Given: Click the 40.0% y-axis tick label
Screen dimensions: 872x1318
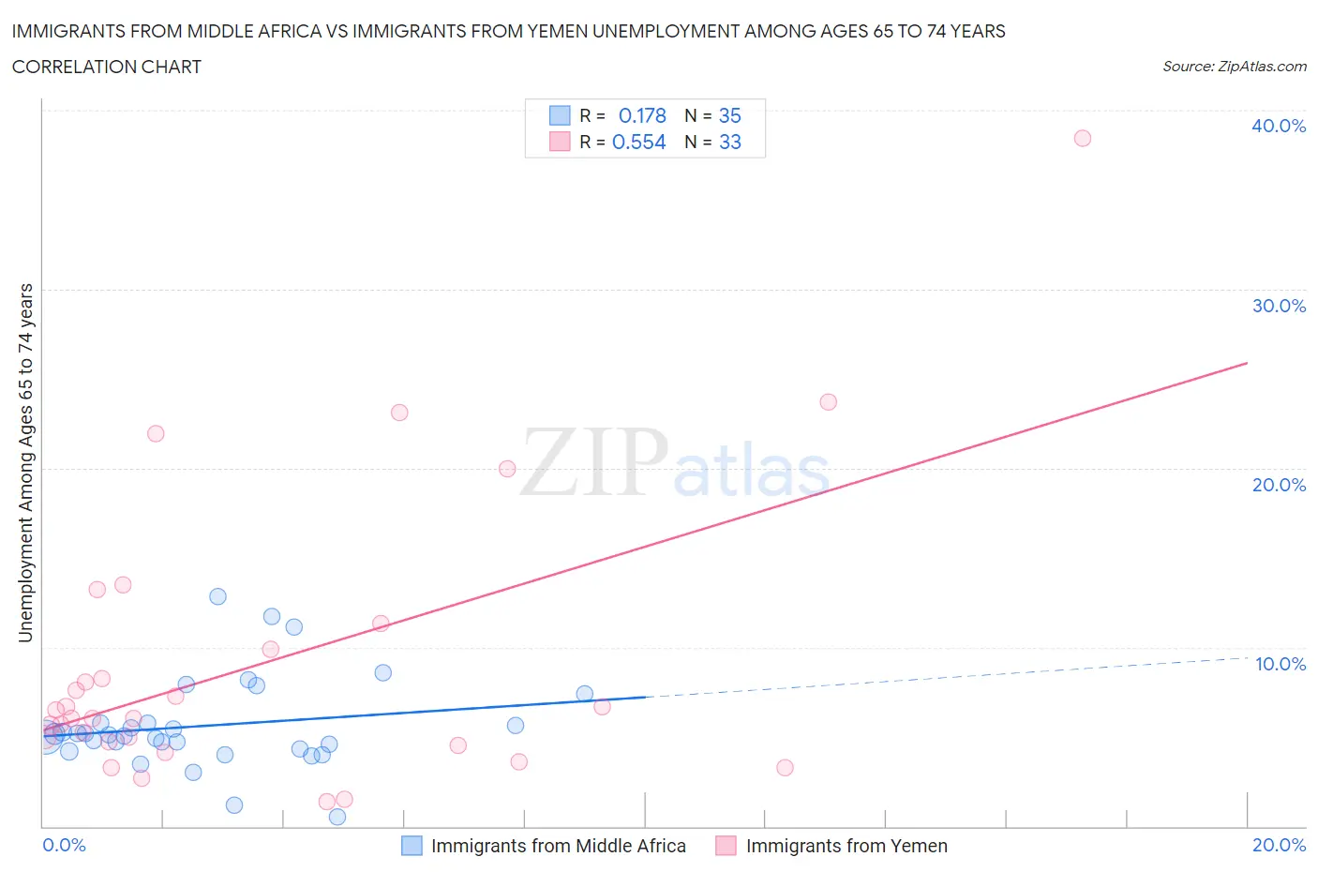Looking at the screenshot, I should pyautogui.click(x=1278, y=126).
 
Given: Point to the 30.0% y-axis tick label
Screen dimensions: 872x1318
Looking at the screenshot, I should pyautogui.click(x=1278, y=306).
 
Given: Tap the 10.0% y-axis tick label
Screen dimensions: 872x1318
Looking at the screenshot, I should pyautogui.click(x=1280, y=664).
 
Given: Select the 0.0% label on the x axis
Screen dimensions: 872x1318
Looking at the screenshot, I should pyautogui.click(x=64, y=845).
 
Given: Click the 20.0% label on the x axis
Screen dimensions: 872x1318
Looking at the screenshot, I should pyautogui.click(x=1279, y=845).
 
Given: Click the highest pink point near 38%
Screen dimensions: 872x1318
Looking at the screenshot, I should pyautogui.click(x=1082, y=138).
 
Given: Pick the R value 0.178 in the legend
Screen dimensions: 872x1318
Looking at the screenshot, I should pyautogui.click(x=642, y=115).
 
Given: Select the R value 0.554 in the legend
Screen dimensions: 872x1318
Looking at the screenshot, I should pyautogui.click(x=638, y=142).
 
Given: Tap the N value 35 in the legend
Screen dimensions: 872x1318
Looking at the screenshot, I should pyautogui.click(x=729, y=115).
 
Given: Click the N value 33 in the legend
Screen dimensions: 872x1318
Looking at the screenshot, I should pyautogui.click(x=729, y=142).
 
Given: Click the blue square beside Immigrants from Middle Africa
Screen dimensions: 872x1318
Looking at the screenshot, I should pyautogui.click(x=412, y=846).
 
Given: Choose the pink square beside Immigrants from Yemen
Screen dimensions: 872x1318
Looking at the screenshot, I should pyautogui.click(x=726, y=846).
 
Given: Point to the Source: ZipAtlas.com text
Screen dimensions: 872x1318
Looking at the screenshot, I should pyautogui.click(x=1234, y=66).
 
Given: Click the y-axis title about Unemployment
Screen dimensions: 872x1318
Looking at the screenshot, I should pyautogui.click(x=25, y=463).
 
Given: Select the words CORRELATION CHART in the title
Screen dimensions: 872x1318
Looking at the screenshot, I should pyautogui.click(x=106, y=67).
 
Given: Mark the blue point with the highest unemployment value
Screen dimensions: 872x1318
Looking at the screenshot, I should pyautogui.click(x=217, y=596).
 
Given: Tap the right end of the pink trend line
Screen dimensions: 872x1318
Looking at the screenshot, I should pyautogui.click(x=1246, y=363).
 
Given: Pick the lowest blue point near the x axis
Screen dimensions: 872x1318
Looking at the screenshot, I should pyautogui.click(x=337, y=817).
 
